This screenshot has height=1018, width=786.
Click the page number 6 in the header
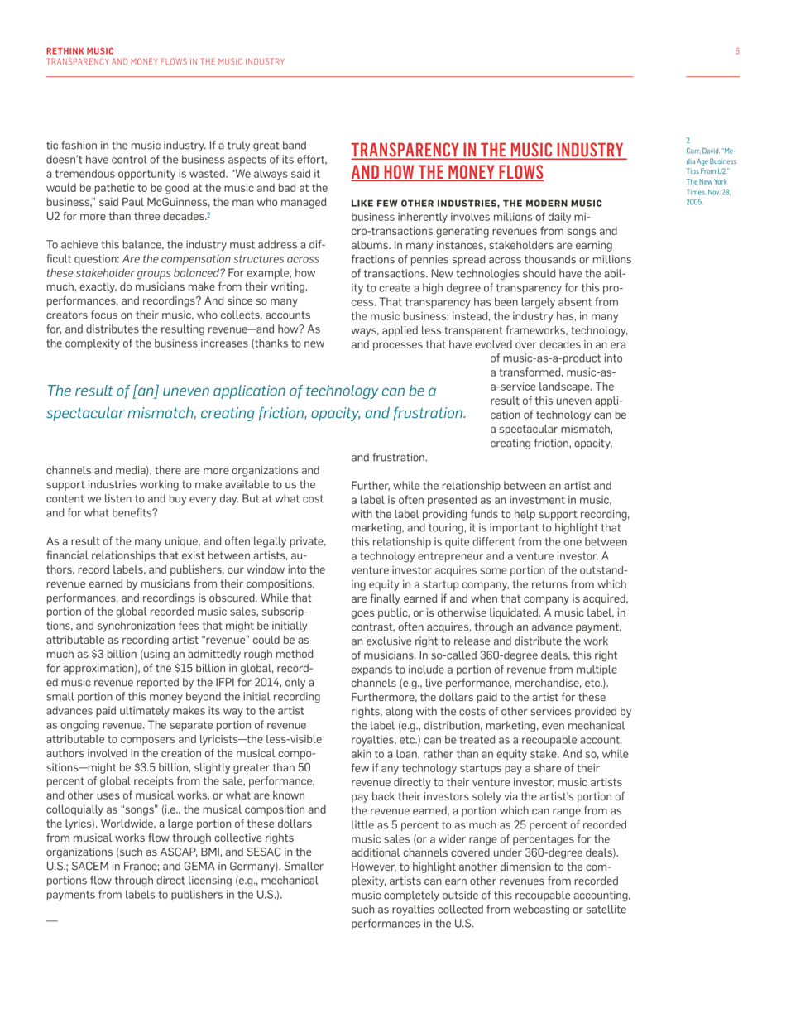(x=736, y=51)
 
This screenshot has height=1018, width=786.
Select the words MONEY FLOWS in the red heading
(x=496, y=172)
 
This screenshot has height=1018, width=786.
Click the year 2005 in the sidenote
(x=695, y=201)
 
